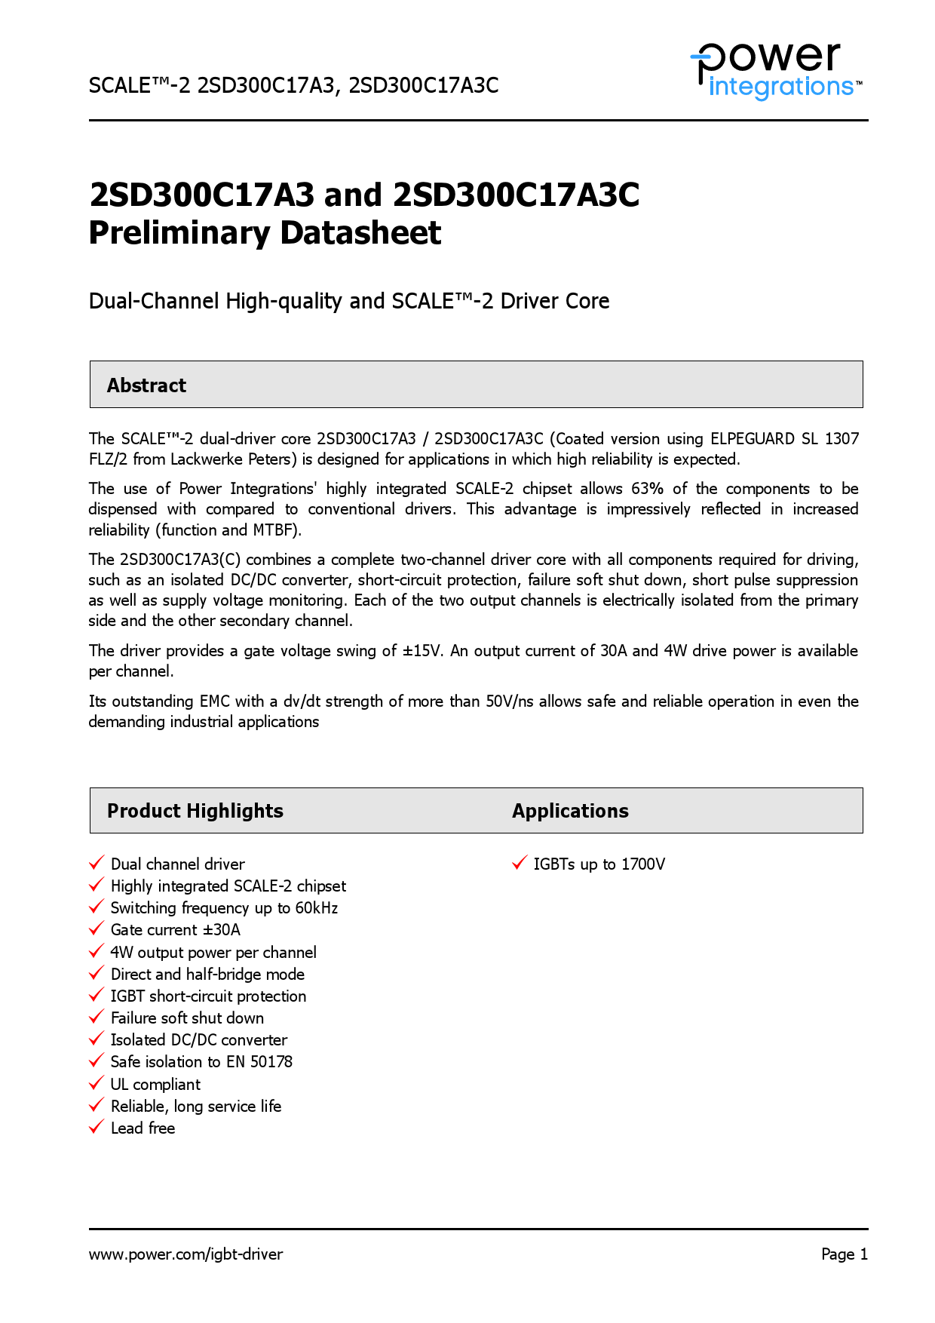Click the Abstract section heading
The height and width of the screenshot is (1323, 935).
146,385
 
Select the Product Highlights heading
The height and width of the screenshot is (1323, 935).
195,811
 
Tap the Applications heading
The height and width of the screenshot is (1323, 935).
570,811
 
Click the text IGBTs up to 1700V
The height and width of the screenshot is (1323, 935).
599,864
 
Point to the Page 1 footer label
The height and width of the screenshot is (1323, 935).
844,1254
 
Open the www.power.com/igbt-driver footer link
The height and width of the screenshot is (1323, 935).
185,1254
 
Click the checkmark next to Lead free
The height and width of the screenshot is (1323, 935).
96,1127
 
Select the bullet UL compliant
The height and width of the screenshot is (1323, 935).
155,1085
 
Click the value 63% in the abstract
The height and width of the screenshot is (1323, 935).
647,489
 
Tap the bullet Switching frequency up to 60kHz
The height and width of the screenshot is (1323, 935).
224,908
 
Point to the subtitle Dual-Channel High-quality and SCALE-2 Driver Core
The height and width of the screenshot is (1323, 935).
348,301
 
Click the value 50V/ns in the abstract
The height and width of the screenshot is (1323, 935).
509,701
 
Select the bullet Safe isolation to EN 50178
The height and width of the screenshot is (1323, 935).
201,1062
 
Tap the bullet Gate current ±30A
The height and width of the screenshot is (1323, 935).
175,930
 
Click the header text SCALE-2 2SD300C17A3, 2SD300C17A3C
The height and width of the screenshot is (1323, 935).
293,85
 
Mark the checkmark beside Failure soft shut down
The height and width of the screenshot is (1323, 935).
96,1017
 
